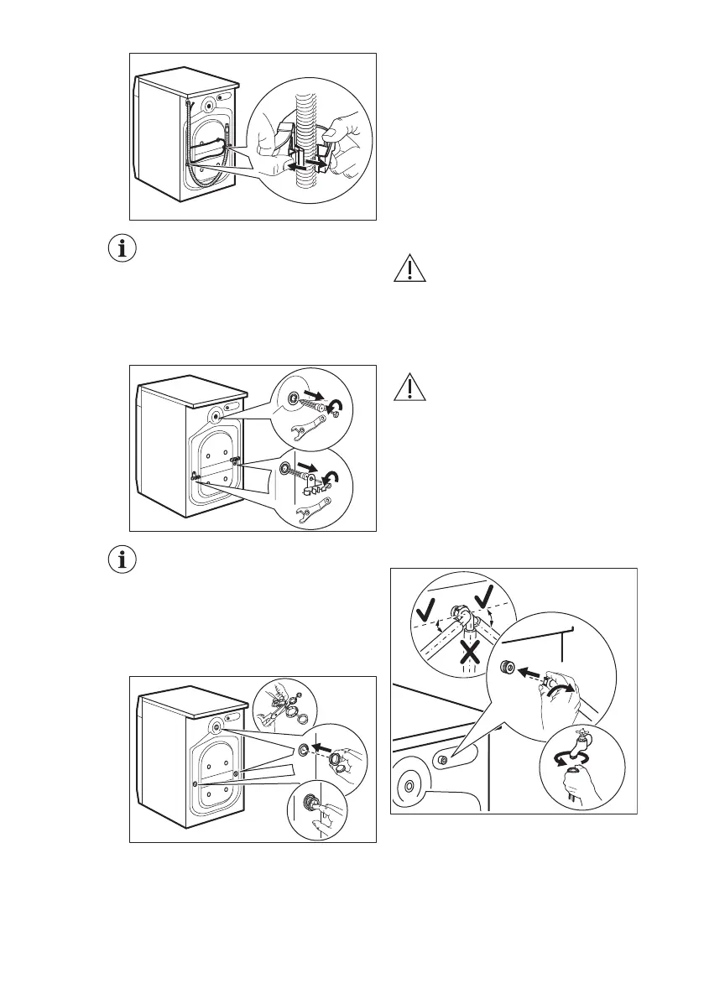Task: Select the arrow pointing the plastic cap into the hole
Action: (x=321, y=744)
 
